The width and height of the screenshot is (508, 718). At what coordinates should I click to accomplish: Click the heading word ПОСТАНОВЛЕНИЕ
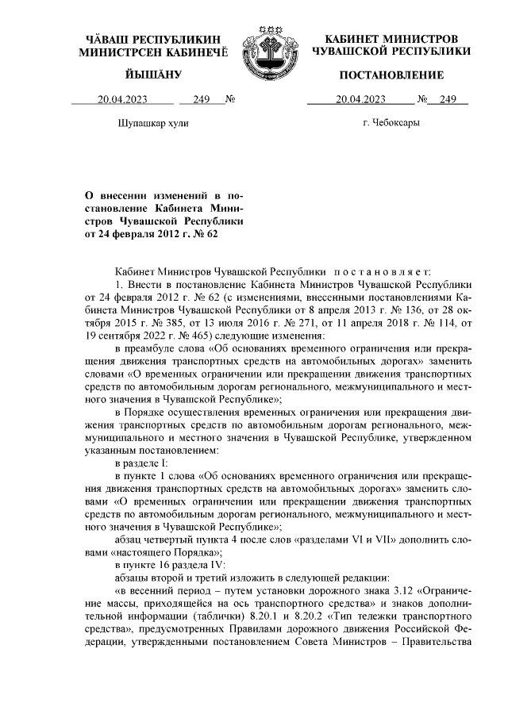391,75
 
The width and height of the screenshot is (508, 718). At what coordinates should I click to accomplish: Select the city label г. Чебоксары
391,123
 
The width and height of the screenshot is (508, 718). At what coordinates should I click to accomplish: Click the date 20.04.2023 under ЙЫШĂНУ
123,100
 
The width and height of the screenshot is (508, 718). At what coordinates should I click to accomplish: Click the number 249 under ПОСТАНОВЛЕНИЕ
448,100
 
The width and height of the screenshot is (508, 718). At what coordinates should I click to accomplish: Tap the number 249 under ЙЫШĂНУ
200,100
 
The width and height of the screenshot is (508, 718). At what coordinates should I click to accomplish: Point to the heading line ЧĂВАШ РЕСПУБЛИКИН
153,39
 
